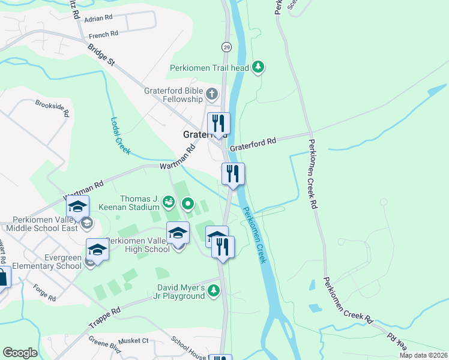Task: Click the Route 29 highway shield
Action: tap(226, 47)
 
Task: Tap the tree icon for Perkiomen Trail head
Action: tap(258, 67)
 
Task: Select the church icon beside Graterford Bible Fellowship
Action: tap(211, 94)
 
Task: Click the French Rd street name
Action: tap(103, 34)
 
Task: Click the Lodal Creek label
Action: tap(120, 136)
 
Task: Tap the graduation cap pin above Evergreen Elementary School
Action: tap(97, 248)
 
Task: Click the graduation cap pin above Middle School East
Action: tap(77, 206)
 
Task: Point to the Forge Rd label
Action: tap(45, 297)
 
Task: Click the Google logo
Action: tap(20, 353)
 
